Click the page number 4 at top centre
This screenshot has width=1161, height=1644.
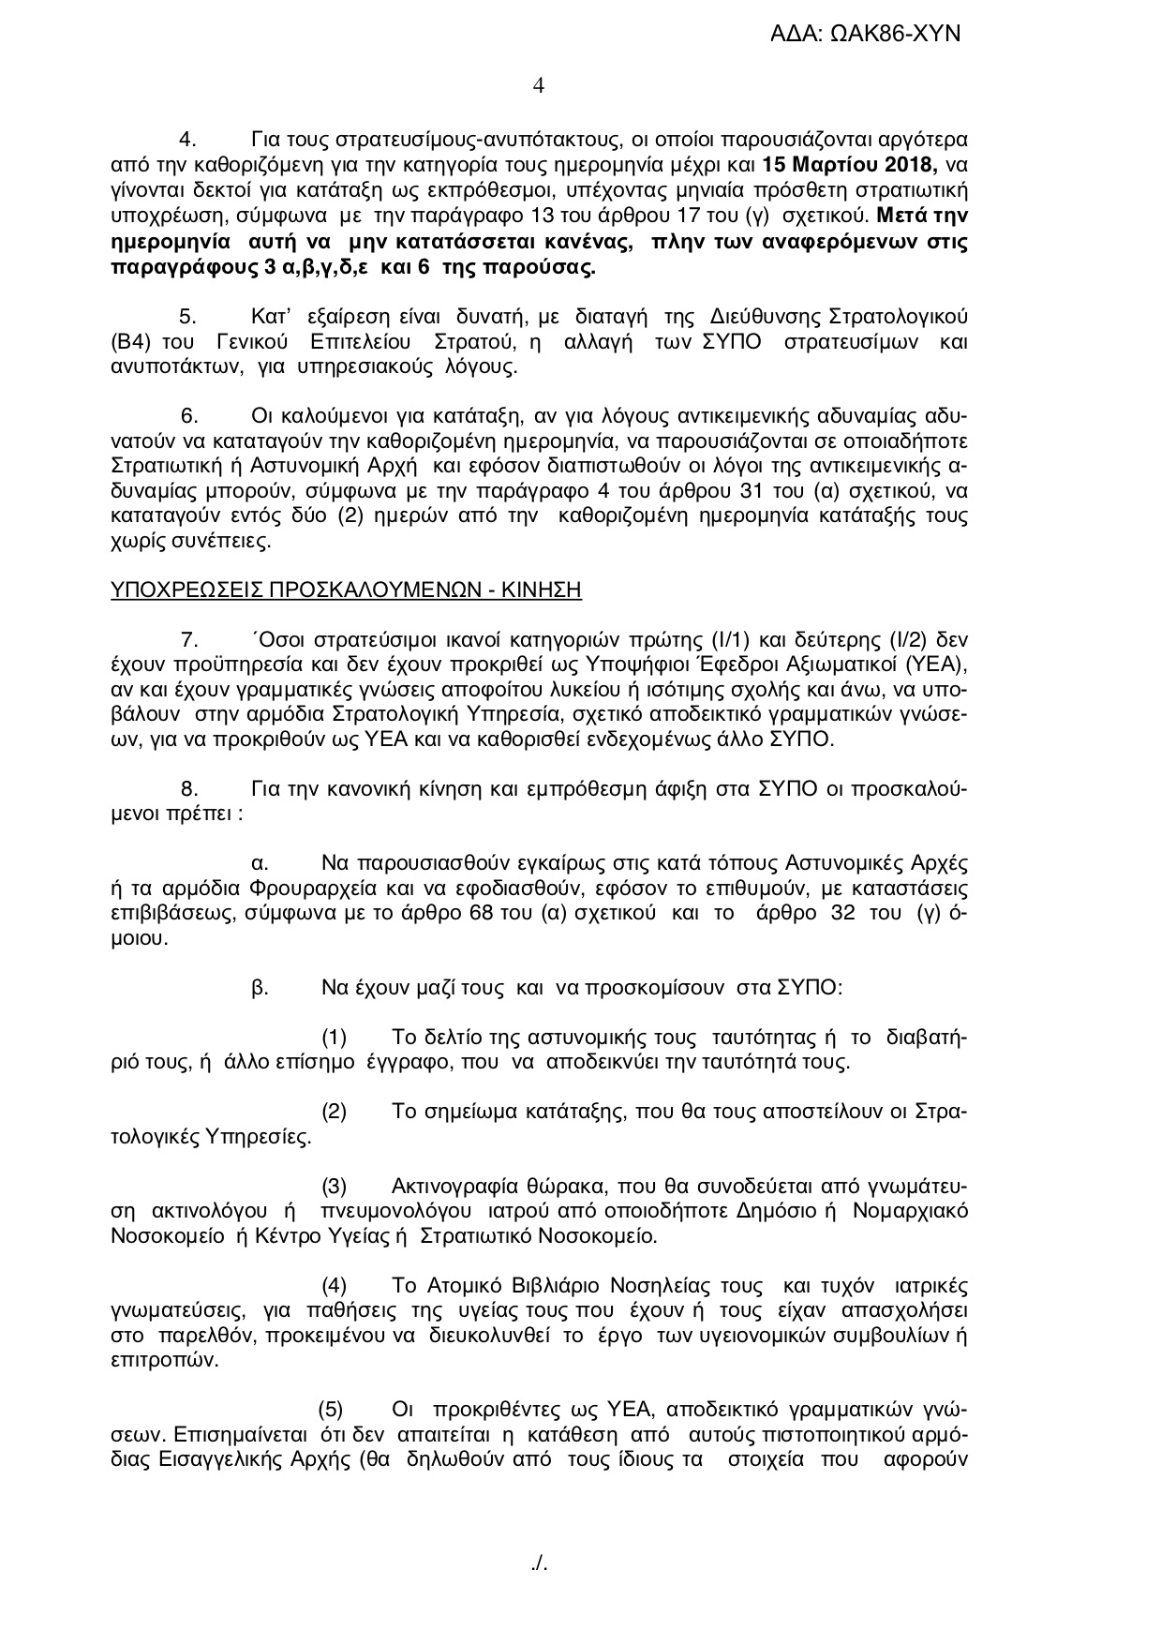[x=538, y=86]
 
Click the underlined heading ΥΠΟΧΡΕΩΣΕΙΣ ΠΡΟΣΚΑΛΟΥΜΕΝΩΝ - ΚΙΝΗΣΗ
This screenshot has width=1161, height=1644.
[x=346, y=590]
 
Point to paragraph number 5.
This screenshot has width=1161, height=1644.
[x=187, y=313]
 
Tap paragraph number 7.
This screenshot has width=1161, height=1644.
[x=188, y=640]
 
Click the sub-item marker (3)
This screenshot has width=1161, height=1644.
[x=335, y=1188]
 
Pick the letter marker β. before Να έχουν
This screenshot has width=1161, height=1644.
[x=260, y=987]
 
